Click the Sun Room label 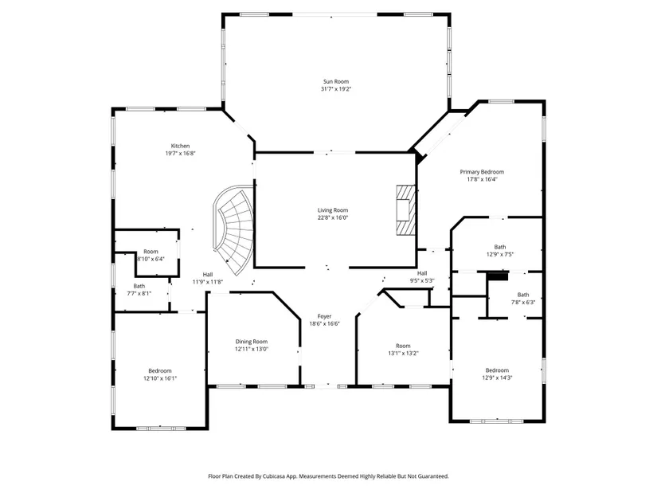(x=335, y=81)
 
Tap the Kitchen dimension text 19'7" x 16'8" (x=180, y=154)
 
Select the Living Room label (x=333, y=210)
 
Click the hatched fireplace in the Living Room (x=405, y=209)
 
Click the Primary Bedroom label (x=482, y=172)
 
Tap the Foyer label (x=324, y=316)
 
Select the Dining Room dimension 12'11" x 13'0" (x=252, y=349)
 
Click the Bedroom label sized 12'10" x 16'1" (x=160, y=370)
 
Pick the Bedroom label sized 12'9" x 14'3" (x=498, y=370)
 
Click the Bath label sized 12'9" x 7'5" (x=500, y=247)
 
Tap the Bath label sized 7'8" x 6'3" (x=523, y=295)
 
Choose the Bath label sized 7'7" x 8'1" (x=139, y=287)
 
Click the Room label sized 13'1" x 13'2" (x=403, y=346)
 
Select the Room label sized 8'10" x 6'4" (x=151, y=252)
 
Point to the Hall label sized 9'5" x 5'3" (x=422, y=273)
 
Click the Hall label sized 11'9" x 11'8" (x=208, y=275)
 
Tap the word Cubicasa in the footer (x=275, y=476)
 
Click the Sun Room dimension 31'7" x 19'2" (x=336, y=89)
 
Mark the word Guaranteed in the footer (x=435, y=476)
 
